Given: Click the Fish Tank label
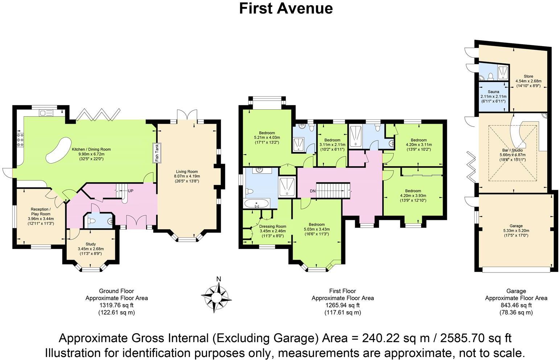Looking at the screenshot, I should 157,153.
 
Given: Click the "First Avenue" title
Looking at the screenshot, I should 286,8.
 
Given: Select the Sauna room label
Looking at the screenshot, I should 493,92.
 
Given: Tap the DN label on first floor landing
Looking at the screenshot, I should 313,191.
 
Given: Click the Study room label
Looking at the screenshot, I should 91,244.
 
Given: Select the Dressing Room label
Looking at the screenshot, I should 273,226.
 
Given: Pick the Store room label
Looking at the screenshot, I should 528,76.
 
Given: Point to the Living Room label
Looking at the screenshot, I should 187,172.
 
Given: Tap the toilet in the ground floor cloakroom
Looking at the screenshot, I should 91,221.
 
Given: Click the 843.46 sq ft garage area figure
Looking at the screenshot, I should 516,305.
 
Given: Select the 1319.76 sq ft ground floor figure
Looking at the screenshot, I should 116,305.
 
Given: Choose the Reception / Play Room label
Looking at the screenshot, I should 41,212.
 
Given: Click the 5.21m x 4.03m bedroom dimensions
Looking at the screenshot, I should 267,138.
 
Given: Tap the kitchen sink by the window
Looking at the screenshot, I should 46,113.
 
